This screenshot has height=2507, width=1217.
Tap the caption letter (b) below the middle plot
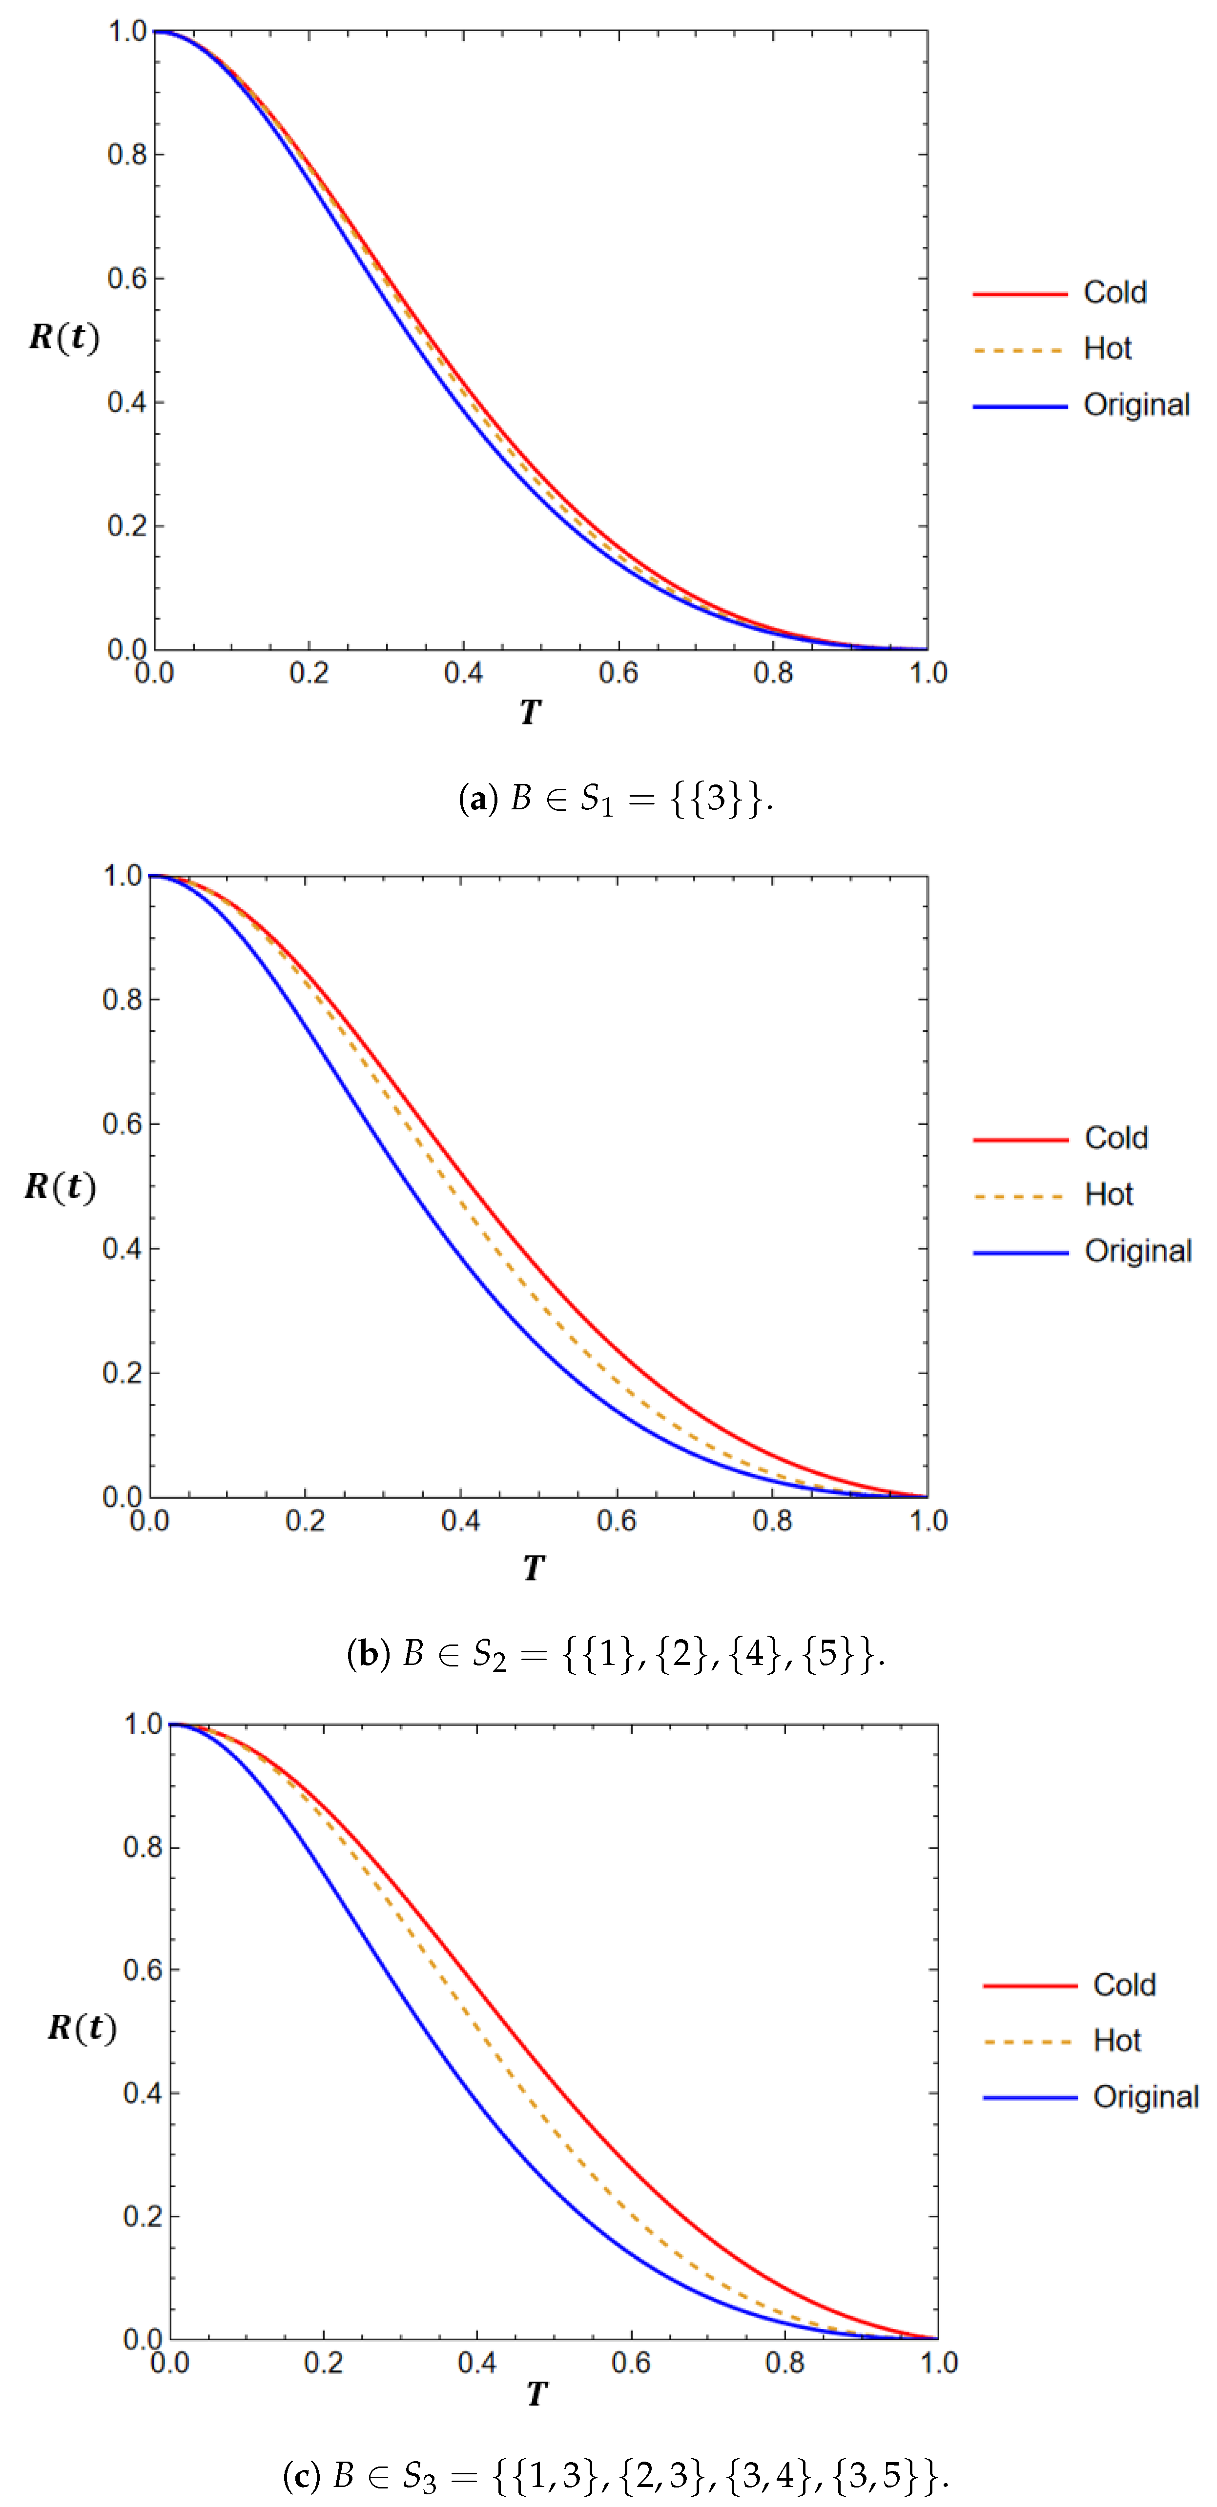pos(367,1653)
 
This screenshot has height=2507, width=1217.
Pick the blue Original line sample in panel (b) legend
pos(1020,1253)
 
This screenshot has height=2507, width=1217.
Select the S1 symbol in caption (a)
pos(596,800)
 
